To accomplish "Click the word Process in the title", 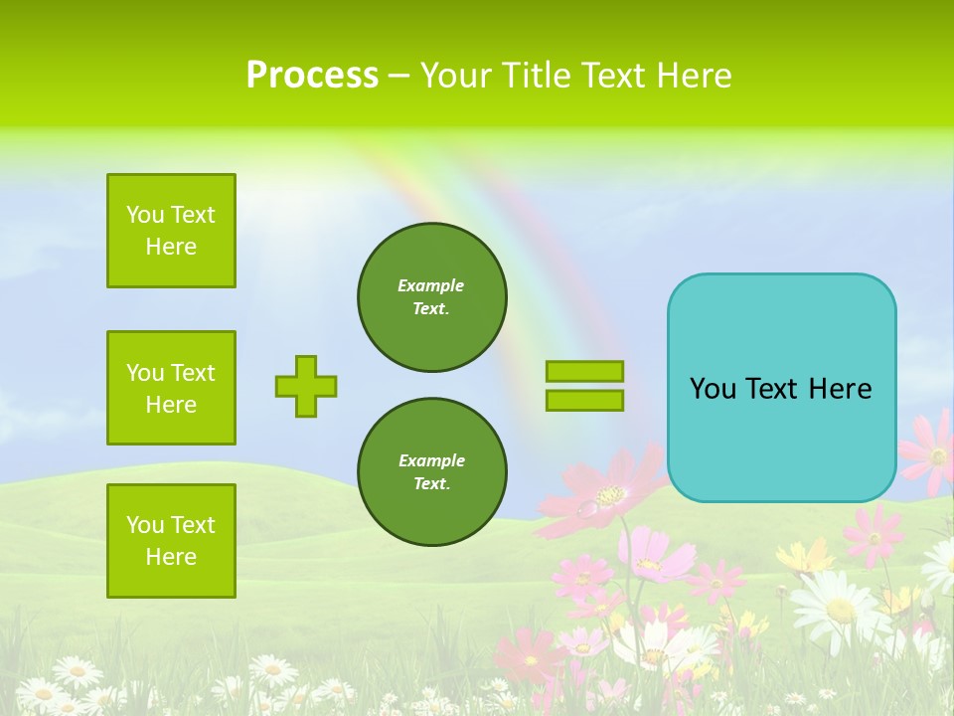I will (312, 76).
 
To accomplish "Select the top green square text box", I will (171, 231).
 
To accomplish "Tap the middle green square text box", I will (171, 388).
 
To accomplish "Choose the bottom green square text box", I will (171, 541).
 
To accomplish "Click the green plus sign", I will (306, 386).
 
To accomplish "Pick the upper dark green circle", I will (432, 297).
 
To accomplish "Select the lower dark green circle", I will (432, 472).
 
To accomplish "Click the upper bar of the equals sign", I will (584, 371).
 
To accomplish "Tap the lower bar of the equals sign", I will (584, 400).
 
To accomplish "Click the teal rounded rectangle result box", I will (781, 388).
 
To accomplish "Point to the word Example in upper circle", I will (431, 285).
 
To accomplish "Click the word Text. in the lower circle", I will (431, 484).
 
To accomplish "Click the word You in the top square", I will (144, 215).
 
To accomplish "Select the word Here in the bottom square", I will (171, 557).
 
